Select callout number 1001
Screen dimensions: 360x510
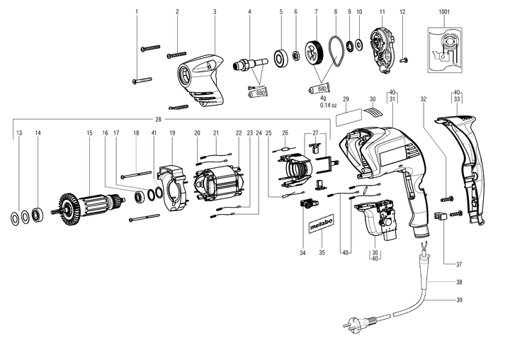pos(444,13)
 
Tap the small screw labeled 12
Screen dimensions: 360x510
pos(404,58)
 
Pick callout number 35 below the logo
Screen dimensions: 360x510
pos(322,252)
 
